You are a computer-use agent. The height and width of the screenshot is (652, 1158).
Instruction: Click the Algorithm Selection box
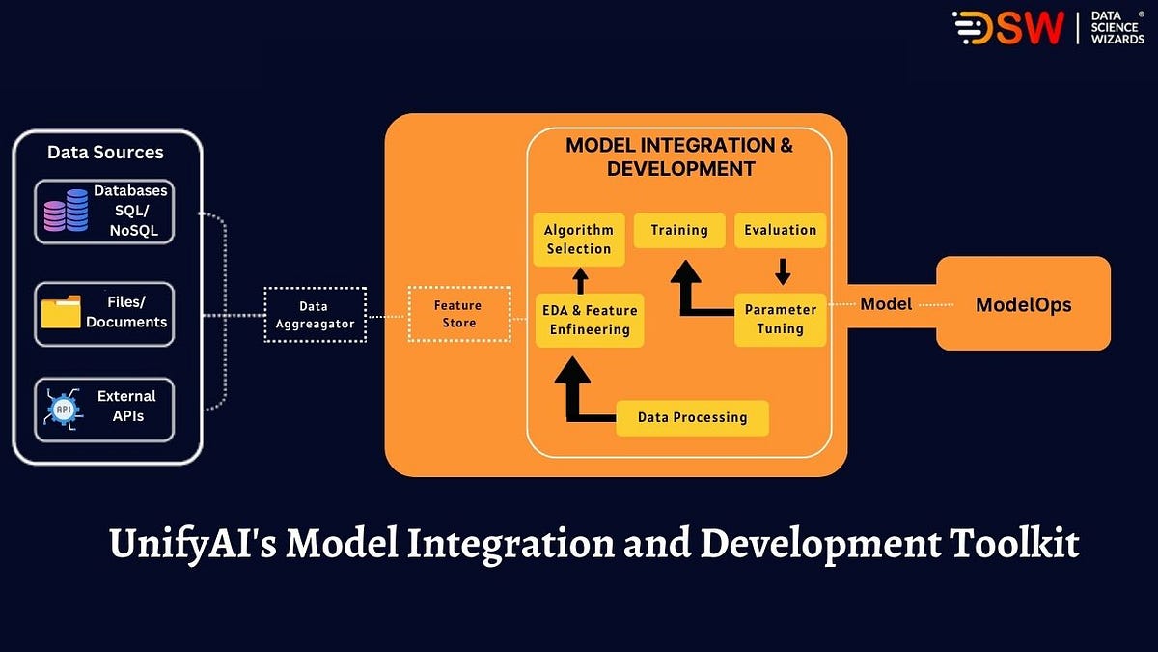tap(579, 240)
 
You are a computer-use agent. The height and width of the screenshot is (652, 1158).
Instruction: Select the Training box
tap(679, 230)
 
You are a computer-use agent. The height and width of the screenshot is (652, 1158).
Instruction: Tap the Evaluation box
tap(781, 230)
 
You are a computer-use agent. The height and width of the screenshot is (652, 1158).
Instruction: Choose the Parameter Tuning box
tap(781, 319)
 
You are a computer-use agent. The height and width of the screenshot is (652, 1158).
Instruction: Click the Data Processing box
tap(692, 417)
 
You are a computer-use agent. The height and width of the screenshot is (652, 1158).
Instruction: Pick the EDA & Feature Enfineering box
tap(589, 320)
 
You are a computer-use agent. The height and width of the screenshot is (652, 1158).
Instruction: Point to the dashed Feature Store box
tap(459, 314)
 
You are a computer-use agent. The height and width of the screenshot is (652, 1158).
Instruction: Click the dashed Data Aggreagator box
tap(316, 315)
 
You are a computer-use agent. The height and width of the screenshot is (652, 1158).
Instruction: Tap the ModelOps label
tap(1024, 305)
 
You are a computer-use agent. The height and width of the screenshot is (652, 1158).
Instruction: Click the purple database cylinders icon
tap(67, 211)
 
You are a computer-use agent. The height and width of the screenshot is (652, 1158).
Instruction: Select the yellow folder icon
tap(62, 313)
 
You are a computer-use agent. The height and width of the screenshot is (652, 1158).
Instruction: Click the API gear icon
tap(65, 409)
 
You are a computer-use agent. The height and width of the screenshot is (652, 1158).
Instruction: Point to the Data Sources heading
tap(105, 153)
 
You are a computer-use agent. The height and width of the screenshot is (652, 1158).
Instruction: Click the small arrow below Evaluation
tap(783, 267)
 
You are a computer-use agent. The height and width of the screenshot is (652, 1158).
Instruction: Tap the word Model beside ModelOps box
tap(886, 304)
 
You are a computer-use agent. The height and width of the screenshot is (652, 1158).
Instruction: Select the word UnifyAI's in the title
tap(190, 545)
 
